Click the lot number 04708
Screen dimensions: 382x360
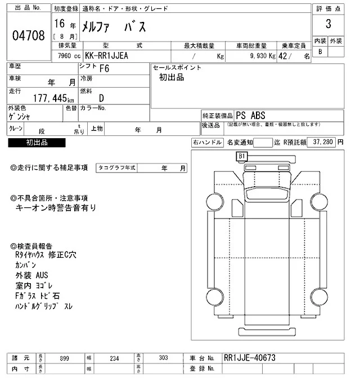pos(28,37)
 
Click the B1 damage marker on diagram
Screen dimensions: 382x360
pos(242,156)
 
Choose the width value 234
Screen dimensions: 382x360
pos(114,358)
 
